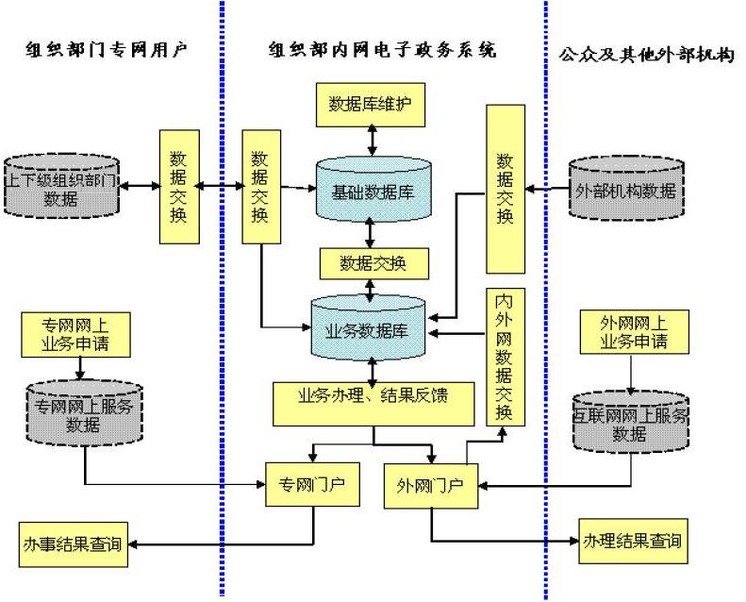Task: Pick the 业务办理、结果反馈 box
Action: point(372,402)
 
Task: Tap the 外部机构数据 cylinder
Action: point(625,190)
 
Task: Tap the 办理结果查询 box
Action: point(630,542)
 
